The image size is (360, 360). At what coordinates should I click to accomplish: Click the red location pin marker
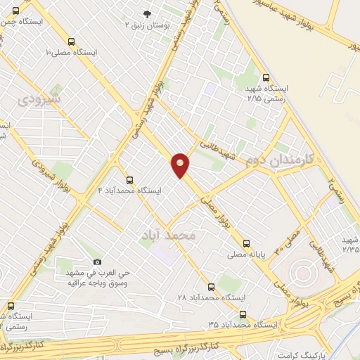click(181, 165)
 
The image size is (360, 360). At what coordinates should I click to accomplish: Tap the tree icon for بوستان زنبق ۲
click(147, 14)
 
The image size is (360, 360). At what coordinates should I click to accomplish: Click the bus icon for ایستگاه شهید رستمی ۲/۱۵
click(265, 78)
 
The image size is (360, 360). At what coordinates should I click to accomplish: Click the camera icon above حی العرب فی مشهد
click(98, 262)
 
